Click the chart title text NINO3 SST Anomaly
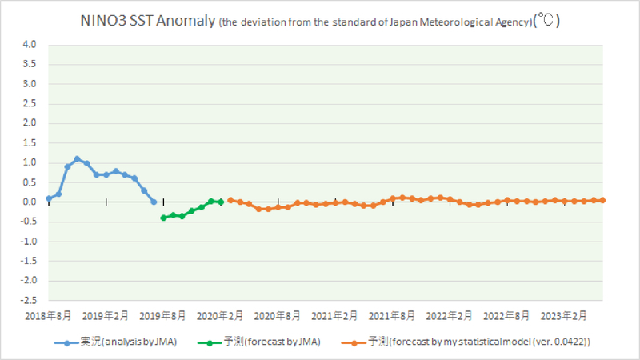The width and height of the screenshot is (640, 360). tap(148, 22)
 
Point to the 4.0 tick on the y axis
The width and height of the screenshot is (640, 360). tap(30, 45)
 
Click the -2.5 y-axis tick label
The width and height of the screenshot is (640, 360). tap(28, 300)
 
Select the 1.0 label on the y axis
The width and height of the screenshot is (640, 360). tap(30, 162)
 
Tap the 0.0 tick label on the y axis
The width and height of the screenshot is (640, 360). tap(30, 202)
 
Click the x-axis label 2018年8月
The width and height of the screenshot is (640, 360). tap(50, 315)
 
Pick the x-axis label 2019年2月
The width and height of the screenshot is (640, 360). tap(106, 315)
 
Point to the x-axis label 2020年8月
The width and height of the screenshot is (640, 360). tap(278, 315)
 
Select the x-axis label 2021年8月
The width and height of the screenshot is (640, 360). tap(392, 315)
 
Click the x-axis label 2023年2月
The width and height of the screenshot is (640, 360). tap(564, 315)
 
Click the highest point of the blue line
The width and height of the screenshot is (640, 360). tap(77, 158)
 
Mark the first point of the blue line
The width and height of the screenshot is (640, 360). tap(49, 198)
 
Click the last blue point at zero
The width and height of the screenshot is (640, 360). tap(154, 202)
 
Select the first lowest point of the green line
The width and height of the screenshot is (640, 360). tap(163, 218)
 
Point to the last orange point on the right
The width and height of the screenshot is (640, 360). tap(602, 200)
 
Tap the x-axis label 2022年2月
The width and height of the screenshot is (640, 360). tap(450, 315)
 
